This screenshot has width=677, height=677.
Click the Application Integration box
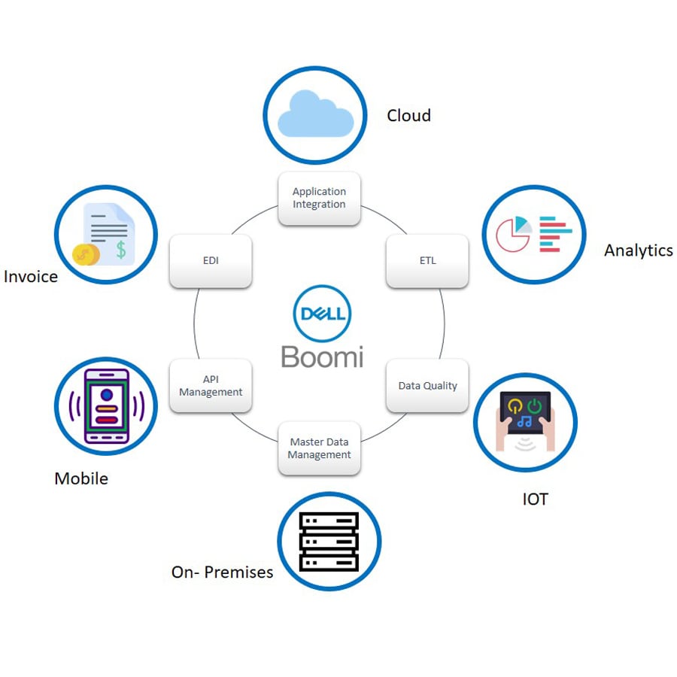(319, 199)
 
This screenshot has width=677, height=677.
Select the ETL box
(427, 261)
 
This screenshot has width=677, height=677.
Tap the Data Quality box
(427, 385)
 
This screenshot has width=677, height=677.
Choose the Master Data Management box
(319, 448)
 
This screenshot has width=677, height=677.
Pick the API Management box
(211, 385)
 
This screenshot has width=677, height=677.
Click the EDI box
(211, 261)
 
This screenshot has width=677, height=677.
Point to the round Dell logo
(322, 314)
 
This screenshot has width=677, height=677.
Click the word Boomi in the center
(322, 356)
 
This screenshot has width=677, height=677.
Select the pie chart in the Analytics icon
(515, 233)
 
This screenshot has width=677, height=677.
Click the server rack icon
(329, 542)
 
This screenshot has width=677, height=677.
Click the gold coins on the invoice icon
(86, 253)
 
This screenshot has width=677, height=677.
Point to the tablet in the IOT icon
(525, 412)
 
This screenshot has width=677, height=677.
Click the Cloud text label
(408, 115)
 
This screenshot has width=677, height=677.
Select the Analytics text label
(638, 250)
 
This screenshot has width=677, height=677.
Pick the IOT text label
(535, 499)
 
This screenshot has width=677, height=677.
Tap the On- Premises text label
(222, 572)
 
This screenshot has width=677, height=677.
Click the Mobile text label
(81, 478)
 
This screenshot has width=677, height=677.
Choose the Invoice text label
(31, 277)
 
